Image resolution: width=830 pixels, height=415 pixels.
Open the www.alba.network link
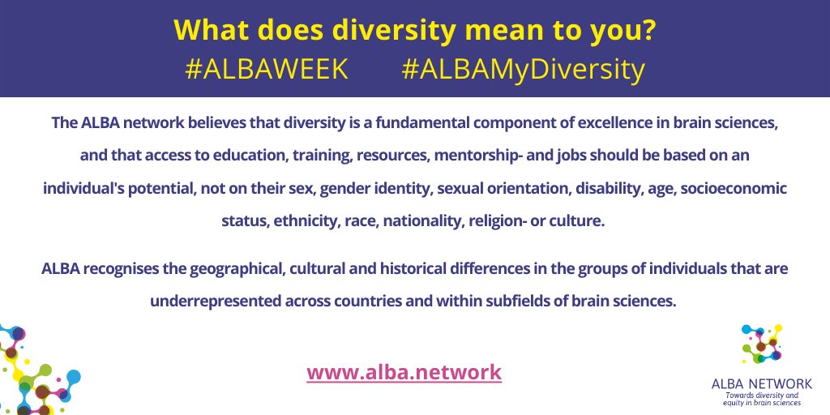click(x=404, y=372)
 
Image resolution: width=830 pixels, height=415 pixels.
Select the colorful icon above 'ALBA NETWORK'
click(x=761, y=344)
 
